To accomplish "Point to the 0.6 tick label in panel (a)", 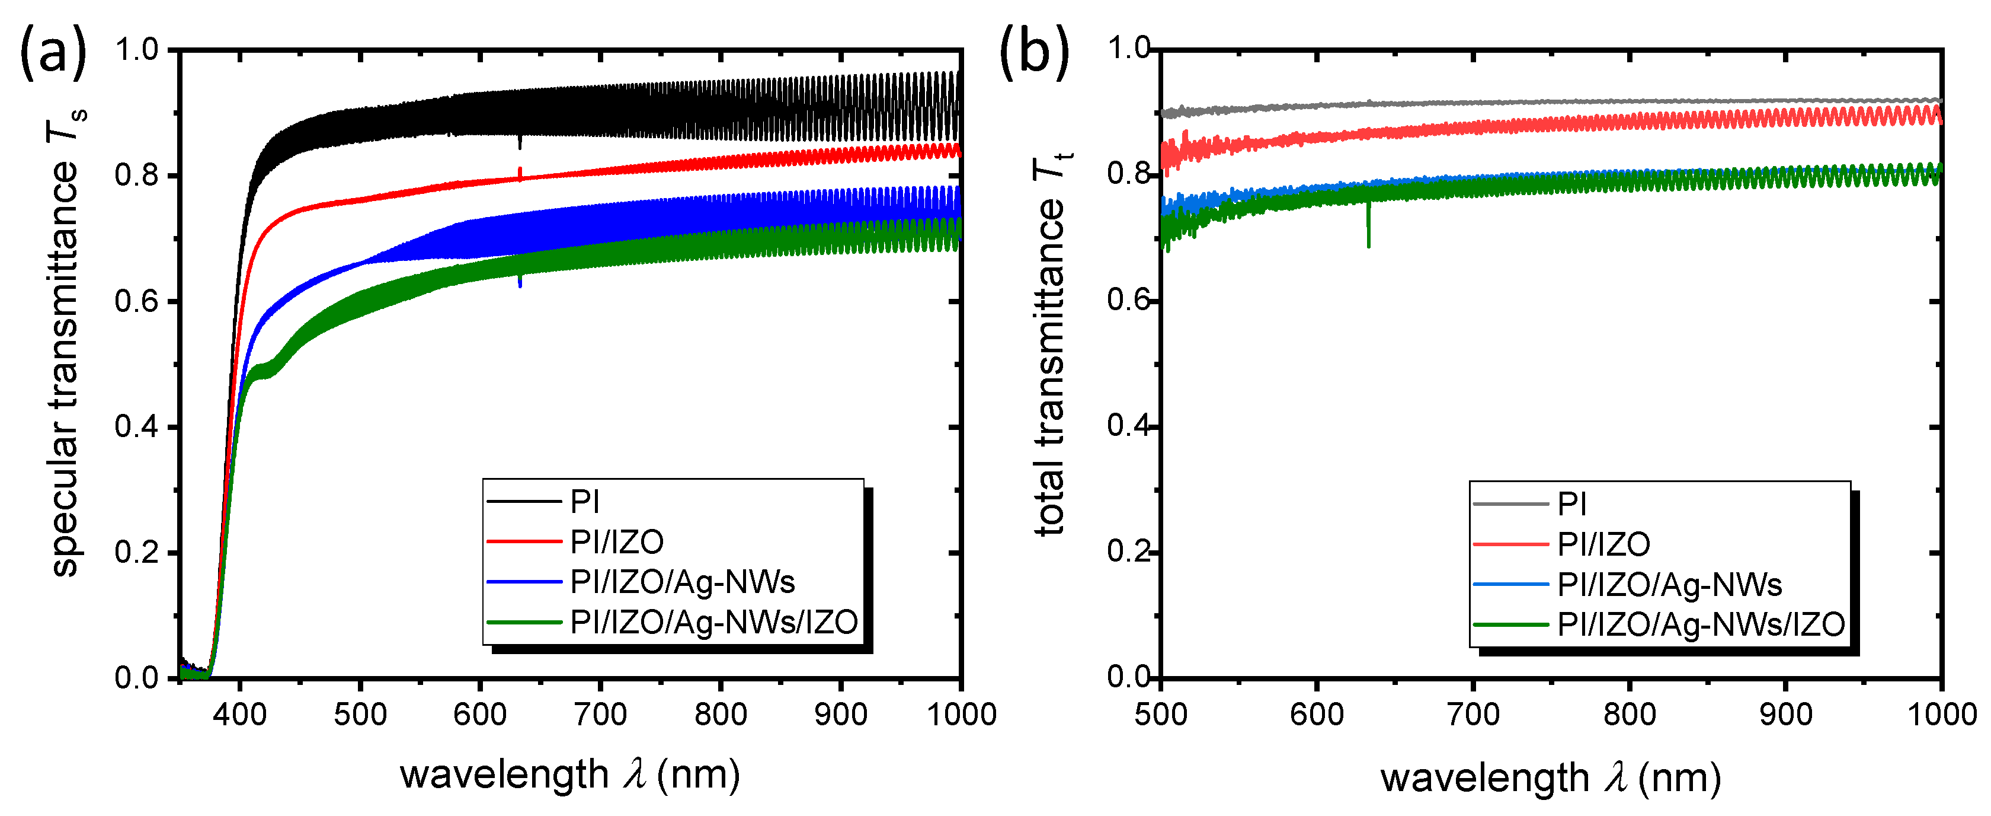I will tap(136, 302).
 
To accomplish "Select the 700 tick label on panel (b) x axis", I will tap(1473, 713).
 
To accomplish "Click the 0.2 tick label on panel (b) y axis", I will tap(1128, 552).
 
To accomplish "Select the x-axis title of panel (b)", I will tap(1551, 777).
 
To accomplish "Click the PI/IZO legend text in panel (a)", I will tap(617, 542).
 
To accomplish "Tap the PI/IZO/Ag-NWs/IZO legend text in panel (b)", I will tap(1701, 624).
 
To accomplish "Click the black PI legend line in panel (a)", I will tap(524, 502).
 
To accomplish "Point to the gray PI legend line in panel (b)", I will tap(1510, 504).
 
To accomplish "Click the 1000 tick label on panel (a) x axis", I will tap(961, 713).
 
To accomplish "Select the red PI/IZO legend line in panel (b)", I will tap(1510, 544).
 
